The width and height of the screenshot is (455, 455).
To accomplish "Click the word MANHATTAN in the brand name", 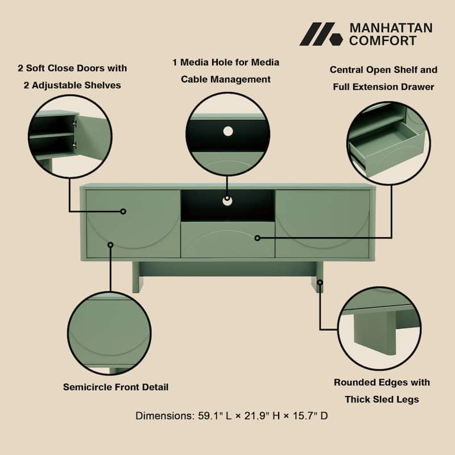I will (390, 28).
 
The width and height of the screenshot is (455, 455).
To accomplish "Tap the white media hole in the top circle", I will (227, 131).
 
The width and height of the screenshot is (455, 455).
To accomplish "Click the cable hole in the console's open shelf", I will (227, 200).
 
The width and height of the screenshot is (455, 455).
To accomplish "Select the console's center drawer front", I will (227, 239).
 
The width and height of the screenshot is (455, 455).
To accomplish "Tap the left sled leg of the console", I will (138, 277).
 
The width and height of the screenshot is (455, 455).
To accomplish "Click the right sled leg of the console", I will (317, 277).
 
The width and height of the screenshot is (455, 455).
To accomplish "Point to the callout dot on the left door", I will (123, 211).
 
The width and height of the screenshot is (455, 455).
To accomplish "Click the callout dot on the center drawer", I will (257, 237).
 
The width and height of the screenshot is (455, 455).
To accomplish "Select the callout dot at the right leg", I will (320, 282).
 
